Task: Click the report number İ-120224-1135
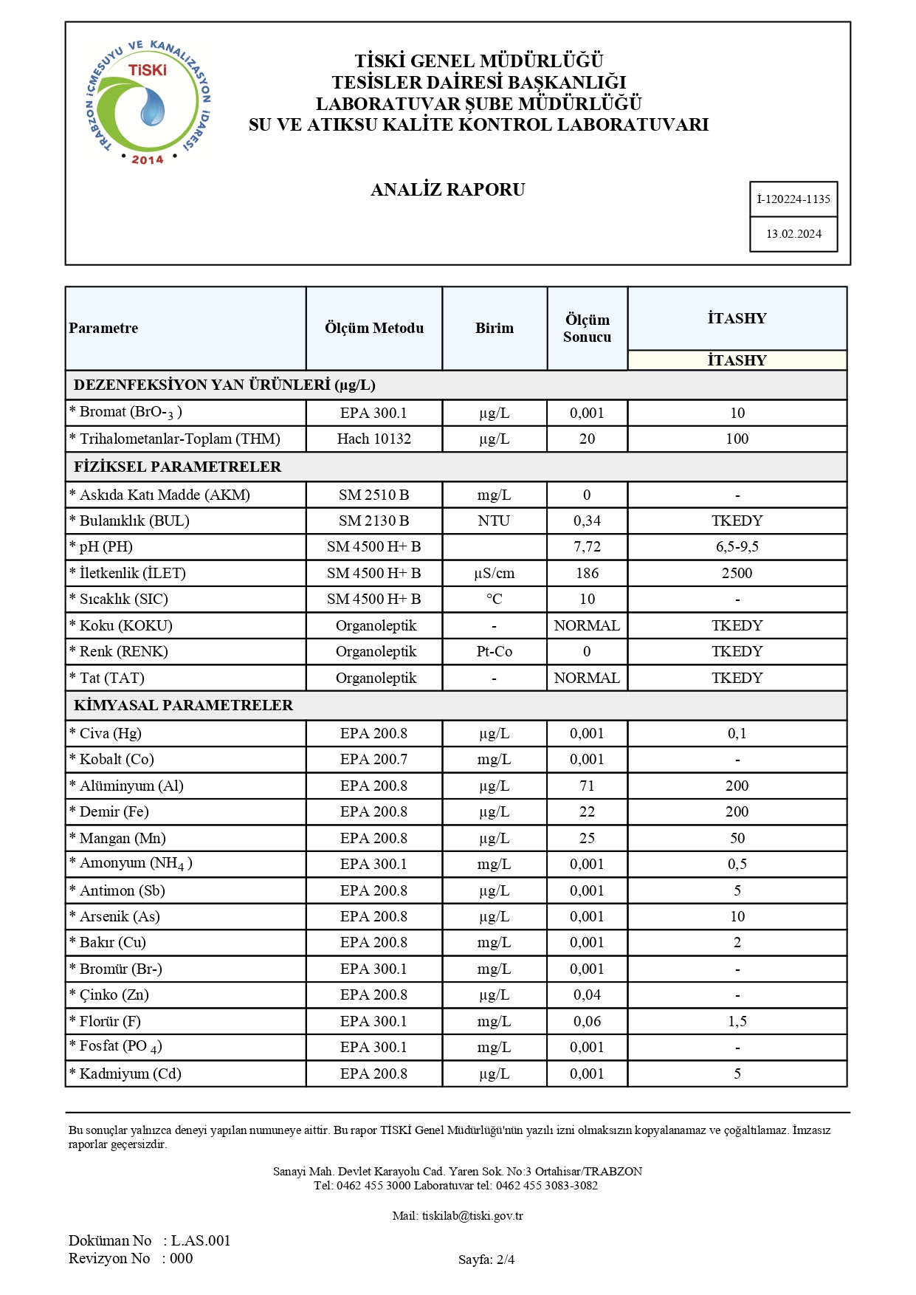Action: [793, 199]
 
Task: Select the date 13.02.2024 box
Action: [793, 234]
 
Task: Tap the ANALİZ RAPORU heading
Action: [447, 190]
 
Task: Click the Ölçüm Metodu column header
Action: [374, 329]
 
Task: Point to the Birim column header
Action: [494, 329]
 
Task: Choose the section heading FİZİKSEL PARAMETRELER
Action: [177, 467]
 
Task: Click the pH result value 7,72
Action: [587, 547]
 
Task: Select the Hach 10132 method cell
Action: [374, 439]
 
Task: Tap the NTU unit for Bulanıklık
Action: [494, 521]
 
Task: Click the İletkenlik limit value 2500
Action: [737, 574]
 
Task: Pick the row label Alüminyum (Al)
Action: [131, 786]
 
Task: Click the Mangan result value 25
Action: [587, 839]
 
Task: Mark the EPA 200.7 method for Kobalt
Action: [374, 760]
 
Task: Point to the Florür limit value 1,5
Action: [737, 1022]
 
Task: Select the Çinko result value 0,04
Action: [587, 995]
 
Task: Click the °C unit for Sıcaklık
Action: [494, 600]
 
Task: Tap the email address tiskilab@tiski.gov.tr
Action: [472, 1216]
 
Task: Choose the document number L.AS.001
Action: [201, 1241]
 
